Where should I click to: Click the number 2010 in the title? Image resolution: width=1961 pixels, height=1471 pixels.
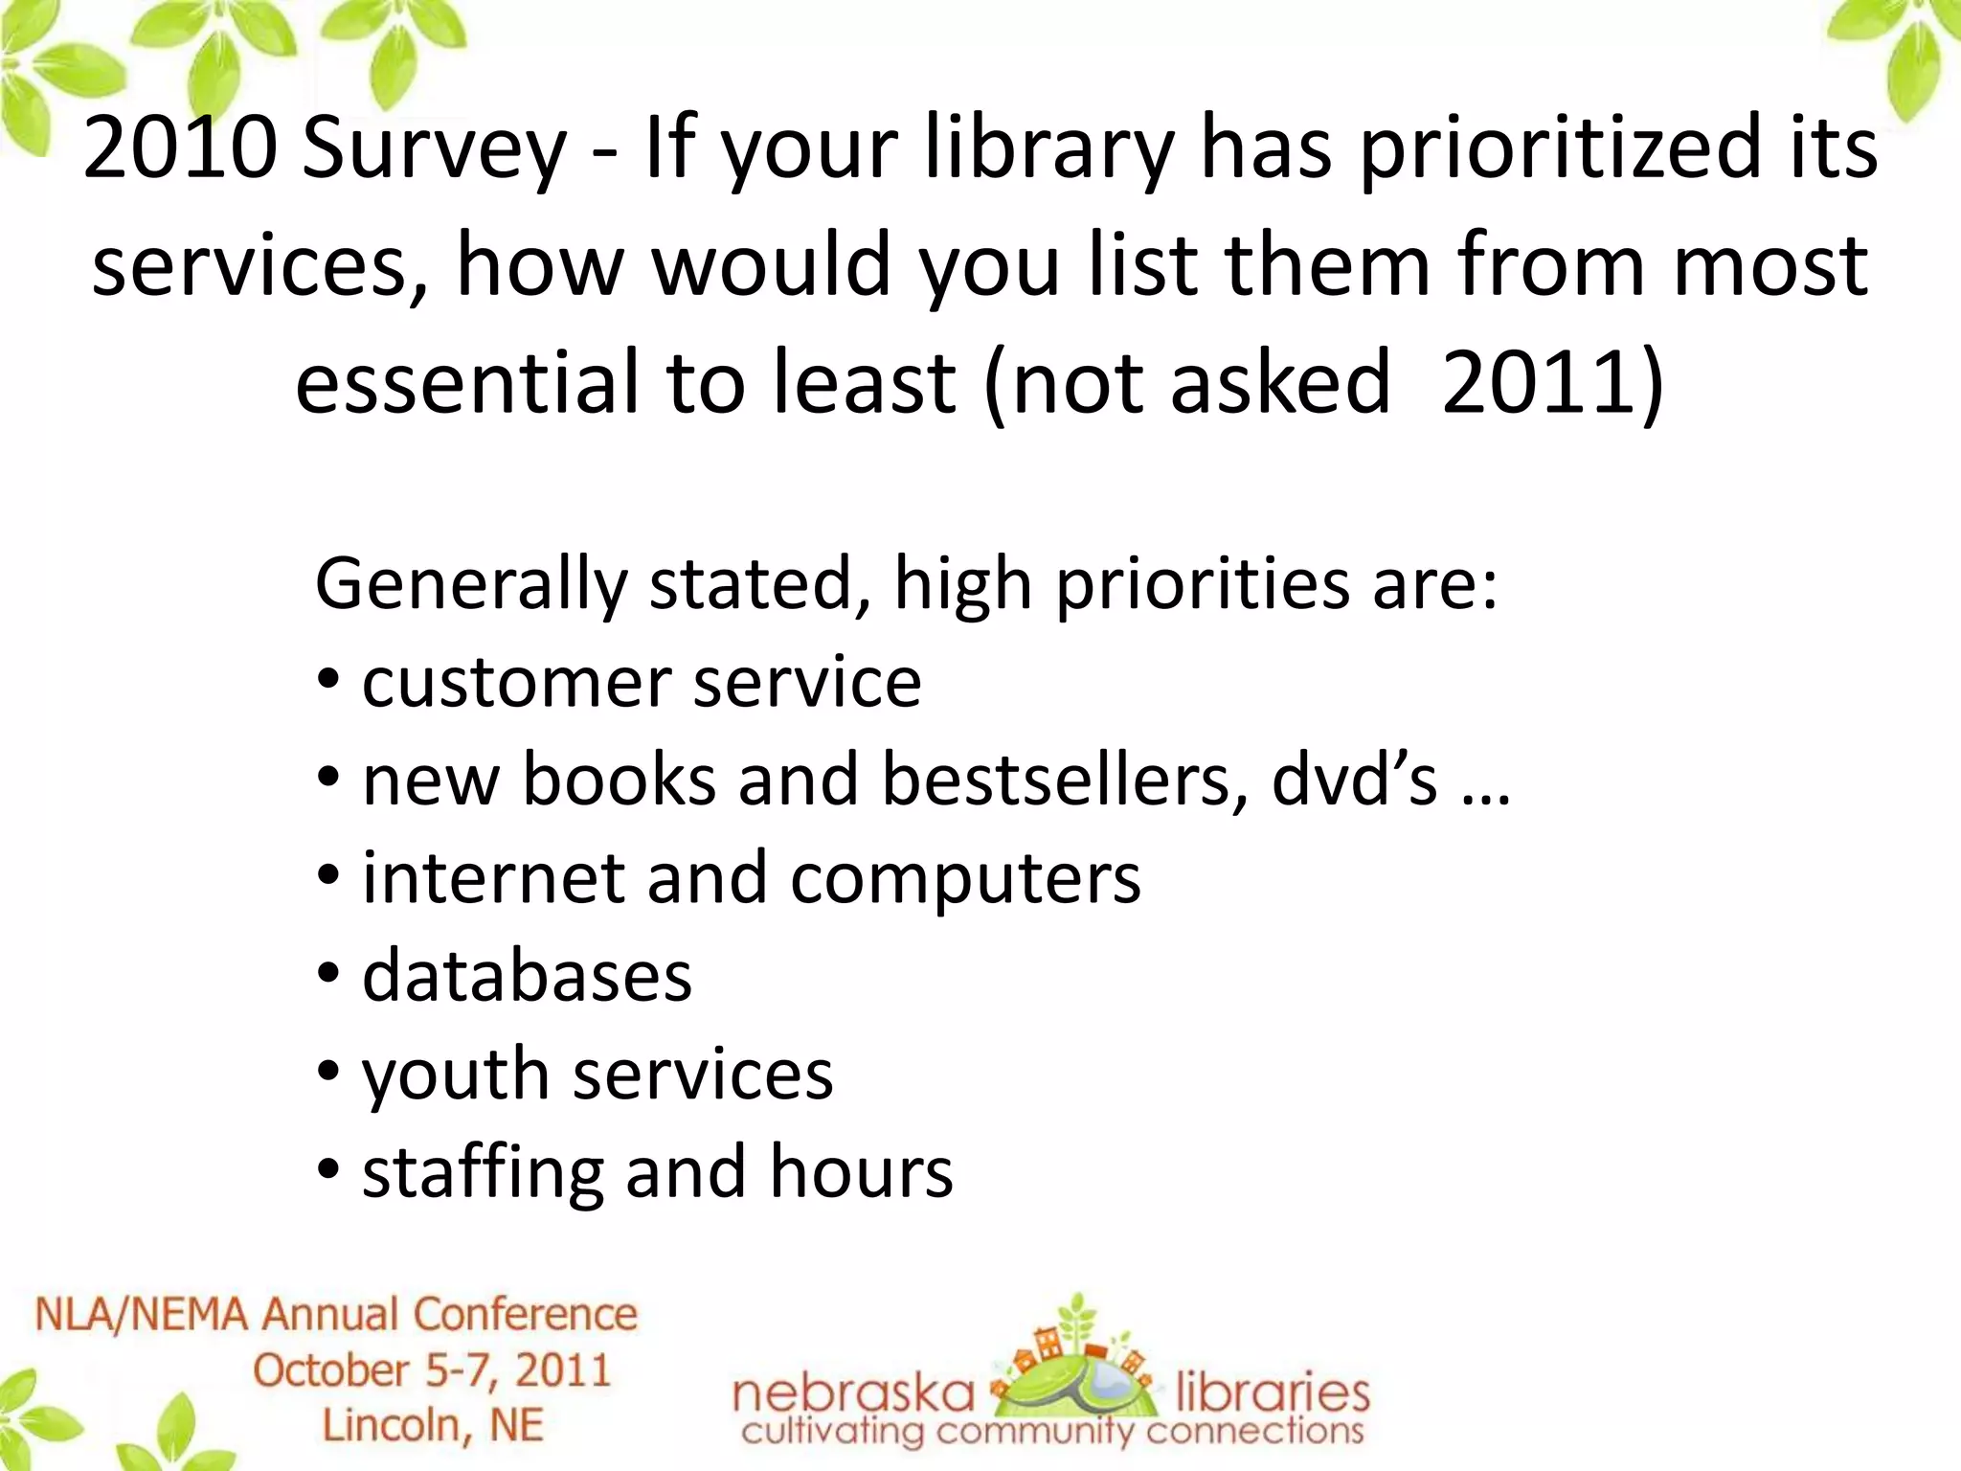[x=179, y=148]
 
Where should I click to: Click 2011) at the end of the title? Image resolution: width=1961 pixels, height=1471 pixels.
[x=1552, y=383]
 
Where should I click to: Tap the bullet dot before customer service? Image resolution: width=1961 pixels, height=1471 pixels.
[x=328, y=683]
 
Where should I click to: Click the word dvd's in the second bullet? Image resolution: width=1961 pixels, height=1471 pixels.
[x=1354, y=780]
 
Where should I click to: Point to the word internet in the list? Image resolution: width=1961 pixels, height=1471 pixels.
[x=493, y=878]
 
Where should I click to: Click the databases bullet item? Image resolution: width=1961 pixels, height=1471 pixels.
[x=527, y=976]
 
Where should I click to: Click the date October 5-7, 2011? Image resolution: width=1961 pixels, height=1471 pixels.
[x=432, y=1370]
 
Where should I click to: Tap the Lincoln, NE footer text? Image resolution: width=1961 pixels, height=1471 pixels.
[x=432, y=1425]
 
